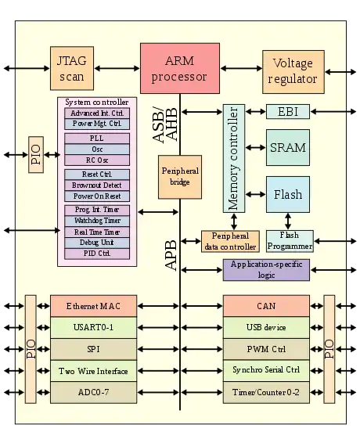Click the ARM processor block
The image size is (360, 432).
point(180,68)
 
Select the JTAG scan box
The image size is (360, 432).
point(72,68)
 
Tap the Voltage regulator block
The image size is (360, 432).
point(293,72)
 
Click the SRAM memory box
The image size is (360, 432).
point(288,148)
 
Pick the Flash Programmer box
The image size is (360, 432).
point(290,241)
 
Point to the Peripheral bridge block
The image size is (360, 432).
point(180,177)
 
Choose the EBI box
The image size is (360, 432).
point(288,112)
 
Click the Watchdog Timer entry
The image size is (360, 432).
point(97,221)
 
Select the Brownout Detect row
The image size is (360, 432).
point(97,185)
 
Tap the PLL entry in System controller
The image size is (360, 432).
point(97,139)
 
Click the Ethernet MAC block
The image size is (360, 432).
point(93,306)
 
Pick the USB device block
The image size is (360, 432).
point(266,328)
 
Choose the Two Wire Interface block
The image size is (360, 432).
point(93,371)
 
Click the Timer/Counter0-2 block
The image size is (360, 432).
point(266,392)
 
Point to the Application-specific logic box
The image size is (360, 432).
point(266,270)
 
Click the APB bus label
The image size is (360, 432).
point(171,255)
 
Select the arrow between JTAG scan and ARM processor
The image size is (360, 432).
point(117,68)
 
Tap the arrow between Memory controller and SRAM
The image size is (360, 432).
point(256,148)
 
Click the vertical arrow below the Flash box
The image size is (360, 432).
point(288,221)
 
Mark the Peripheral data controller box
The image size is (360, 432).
point(230,241)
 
